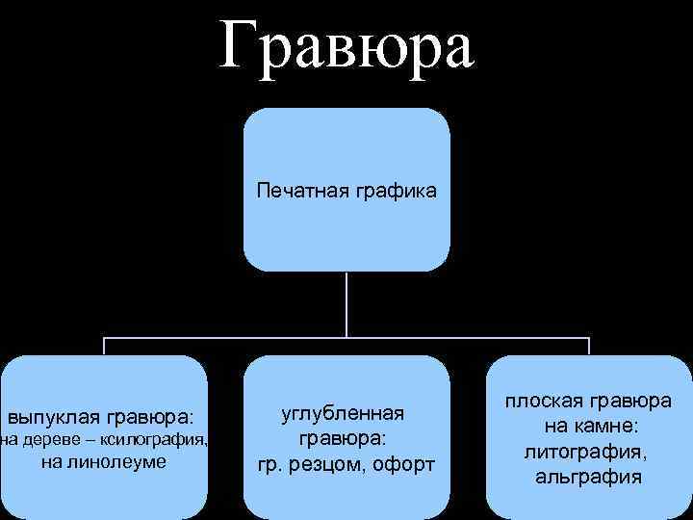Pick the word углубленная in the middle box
point(342,413)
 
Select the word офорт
point(403,464)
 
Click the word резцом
point(325,464)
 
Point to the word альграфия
point(585,476)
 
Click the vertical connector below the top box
point(346,303)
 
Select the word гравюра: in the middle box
point(342,438)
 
